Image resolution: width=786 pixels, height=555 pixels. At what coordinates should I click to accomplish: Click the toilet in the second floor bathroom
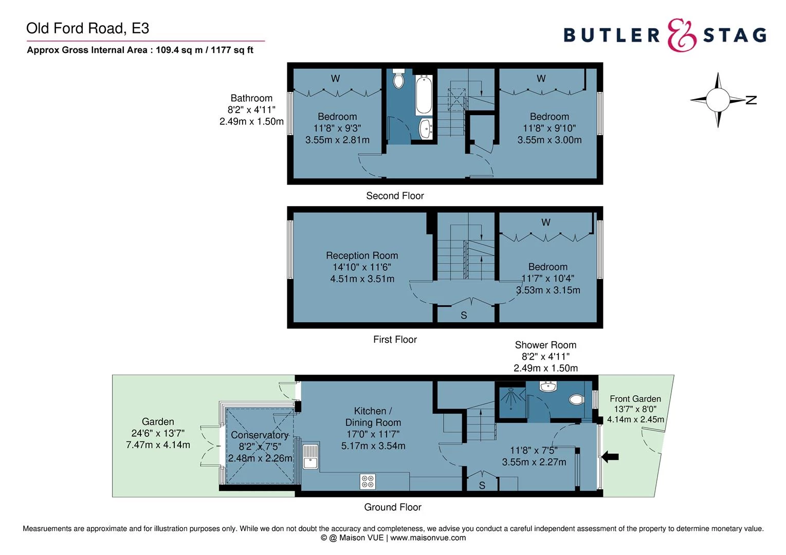(x=398, y=80)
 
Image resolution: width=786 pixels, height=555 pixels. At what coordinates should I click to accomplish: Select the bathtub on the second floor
(x=424, y=94)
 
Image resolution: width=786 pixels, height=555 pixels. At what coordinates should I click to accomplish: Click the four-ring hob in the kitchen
(x=368, y=482)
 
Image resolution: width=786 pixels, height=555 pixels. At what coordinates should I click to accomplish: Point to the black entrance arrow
(x=610, y=456)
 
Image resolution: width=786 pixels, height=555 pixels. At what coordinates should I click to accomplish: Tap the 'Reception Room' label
(x=362, y=255)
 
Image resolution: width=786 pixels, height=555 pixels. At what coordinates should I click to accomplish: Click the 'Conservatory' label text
(x=260, y=435)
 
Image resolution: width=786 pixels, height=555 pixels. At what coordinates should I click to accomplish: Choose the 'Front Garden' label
(x=635, y=399)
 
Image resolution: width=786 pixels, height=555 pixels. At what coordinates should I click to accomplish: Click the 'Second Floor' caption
(x=395, y=196)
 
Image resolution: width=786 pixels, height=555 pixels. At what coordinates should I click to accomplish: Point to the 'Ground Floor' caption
(x=393, y=507)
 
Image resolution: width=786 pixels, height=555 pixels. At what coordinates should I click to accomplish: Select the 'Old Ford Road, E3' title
(x=88, y=28)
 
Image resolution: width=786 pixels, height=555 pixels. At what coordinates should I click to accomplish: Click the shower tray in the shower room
(x=510, y=400)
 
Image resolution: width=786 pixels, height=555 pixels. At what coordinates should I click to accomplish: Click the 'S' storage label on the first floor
(x=464, y=316)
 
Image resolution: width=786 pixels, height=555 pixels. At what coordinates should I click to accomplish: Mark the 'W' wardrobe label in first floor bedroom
(x=545, y=223)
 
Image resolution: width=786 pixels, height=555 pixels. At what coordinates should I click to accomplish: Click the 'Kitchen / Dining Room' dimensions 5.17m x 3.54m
(x=373, y=446)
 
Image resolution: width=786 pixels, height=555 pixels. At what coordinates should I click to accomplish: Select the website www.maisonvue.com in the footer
(x=428, y=538)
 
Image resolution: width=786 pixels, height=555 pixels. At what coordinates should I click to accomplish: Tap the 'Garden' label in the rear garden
(x=158, y=422)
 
